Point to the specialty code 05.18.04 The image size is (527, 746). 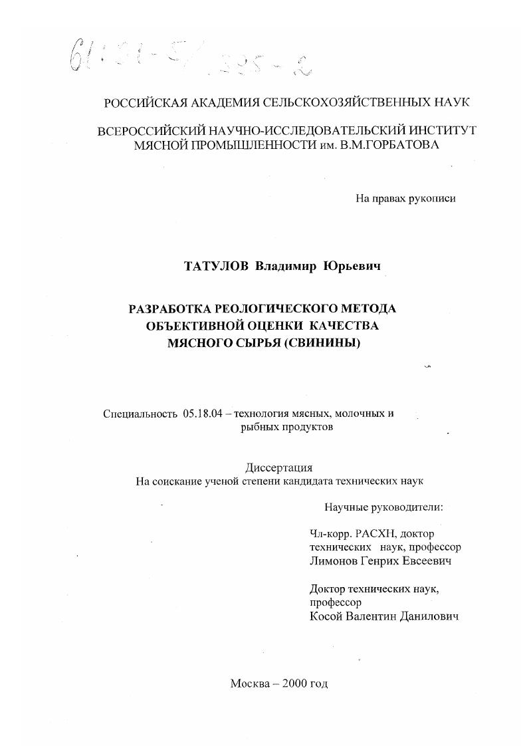tap(201, 414)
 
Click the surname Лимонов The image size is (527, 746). tap(333, 561)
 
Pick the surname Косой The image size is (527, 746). tap(326, 616)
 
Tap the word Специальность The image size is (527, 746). tap(138, 414)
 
